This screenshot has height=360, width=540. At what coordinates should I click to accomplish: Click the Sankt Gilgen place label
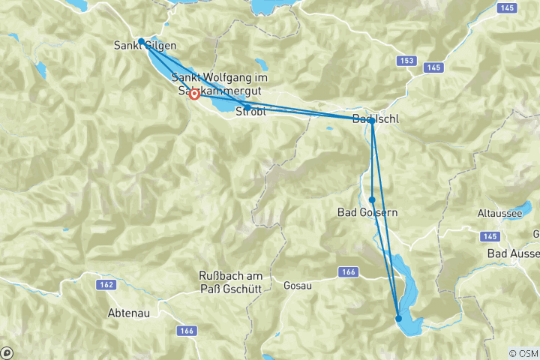tap(146, 45)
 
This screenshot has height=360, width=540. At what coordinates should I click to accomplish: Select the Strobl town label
tap(250, 112)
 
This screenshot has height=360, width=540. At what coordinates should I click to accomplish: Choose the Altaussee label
tap(499, 213)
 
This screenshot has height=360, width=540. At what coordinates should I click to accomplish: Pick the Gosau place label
tap(297, 286)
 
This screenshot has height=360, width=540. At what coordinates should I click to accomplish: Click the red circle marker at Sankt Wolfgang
tap(194, 94)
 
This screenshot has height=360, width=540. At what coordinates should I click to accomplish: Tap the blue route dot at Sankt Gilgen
tap(141, 41)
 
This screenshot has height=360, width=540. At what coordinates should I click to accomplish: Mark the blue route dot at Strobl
tap(247, 107)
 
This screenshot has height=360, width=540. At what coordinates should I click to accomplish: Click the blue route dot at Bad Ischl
tap(372, 120)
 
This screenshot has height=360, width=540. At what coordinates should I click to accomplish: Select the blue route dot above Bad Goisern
tap(372, 199)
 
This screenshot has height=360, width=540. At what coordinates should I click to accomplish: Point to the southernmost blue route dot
tap(399, 319)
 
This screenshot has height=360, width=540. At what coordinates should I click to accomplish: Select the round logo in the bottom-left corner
tap(6, 352)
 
